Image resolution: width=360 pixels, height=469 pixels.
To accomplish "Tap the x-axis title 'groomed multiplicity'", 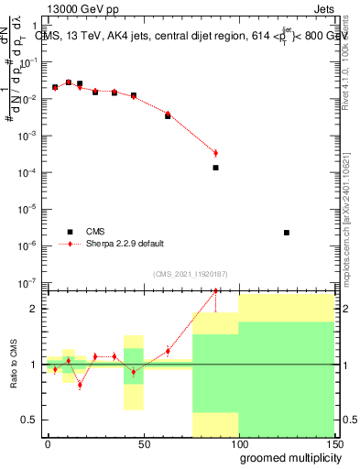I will coord(286,457).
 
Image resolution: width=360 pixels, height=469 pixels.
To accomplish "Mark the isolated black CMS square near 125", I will coord(287,233).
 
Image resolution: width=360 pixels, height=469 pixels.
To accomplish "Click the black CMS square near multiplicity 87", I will coord(215,168).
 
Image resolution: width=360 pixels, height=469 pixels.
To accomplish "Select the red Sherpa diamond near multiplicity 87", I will coord(215,153).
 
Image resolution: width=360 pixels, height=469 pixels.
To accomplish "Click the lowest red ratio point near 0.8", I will coord(80,385).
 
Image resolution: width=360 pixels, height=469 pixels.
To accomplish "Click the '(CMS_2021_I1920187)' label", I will coord(189,273).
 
